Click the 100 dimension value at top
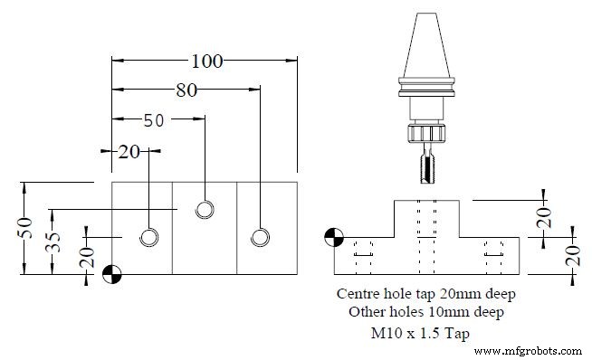coord(207,61)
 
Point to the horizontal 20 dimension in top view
coord(129,151)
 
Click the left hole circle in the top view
coord(148,237)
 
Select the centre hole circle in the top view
coord(205,210)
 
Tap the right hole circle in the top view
coord(260,237)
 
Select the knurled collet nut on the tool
coord(426,133)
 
